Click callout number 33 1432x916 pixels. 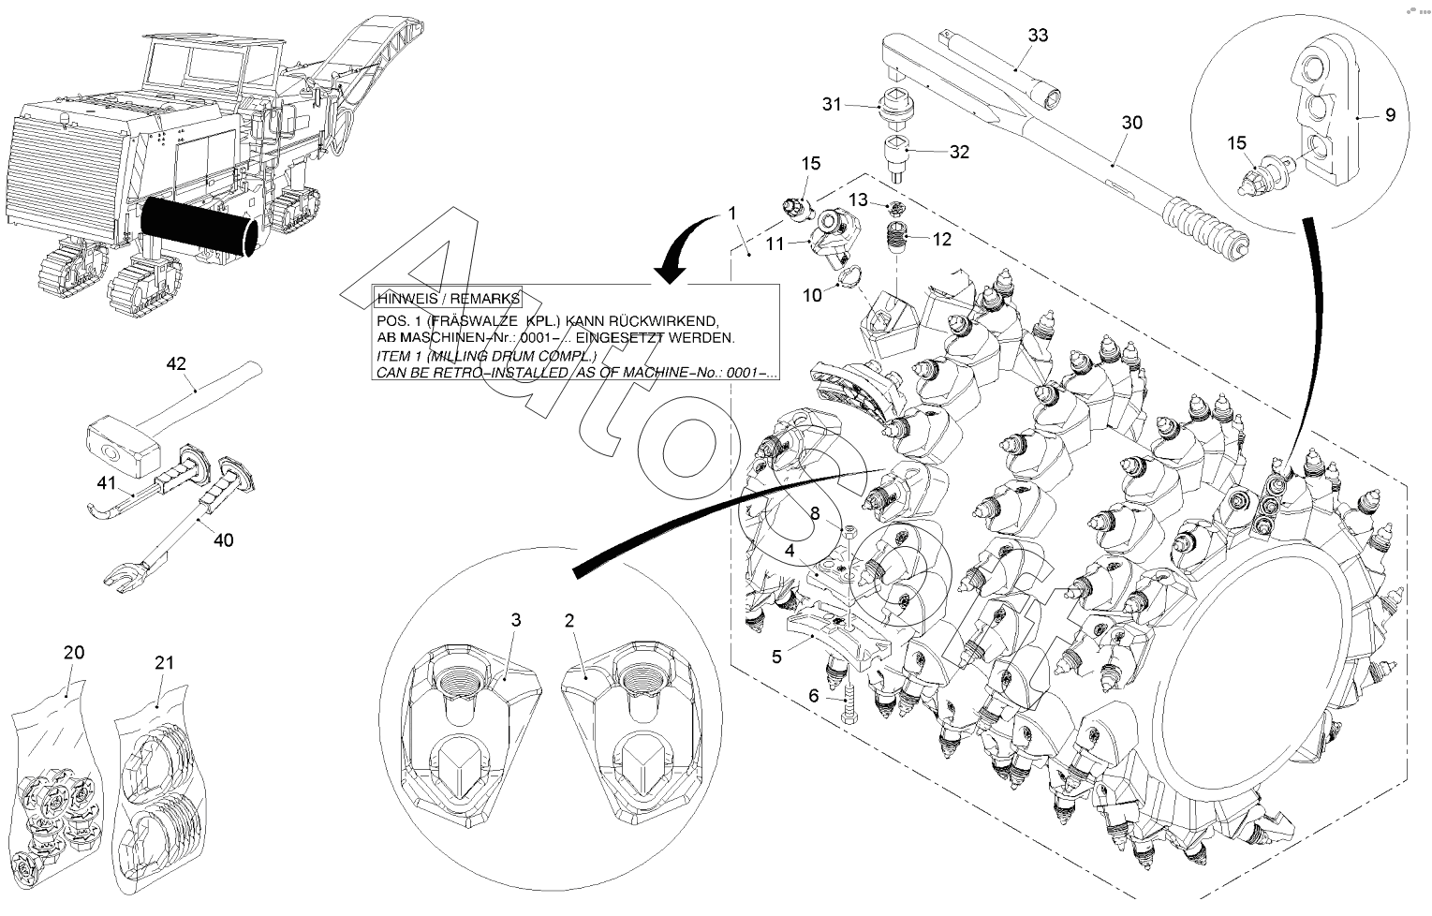pyautogui.click(x=1038, y=36)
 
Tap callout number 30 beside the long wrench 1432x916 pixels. pyautogui.click(x=1131, y=123)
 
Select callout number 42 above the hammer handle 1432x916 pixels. pyautogui.click(x=177, y=362)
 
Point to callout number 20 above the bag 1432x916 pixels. pyautogui.click(x=74, y=653)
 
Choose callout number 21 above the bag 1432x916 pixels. pyautogui.click(x=164, y=662)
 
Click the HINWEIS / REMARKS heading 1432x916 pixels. pyautogui.click(x=448, y=299)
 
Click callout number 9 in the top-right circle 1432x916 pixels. pyautogui.click(x=1390, y=115)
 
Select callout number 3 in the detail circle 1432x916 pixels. pyautogui.click(x=515, y=620)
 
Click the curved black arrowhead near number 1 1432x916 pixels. pyautogui.click(x=671, y=270)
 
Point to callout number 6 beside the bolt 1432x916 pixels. pyautogui.click(x=813, y=696)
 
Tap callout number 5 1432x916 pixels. pyautogui.click(x=776, y=657)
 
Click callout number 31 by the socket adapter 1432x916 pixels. pyautogui.click(x=833, y=104)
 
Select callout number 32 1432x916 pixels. pyautogui.click(x=959, y=152)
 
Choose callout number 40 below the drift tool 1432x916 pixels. pyautogui.click(x=224, y=540)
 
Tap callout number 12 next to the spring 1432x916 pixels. pyautogui.click(x=942, y=240)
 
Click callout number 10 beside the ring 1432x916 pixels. pyautogui.click(x=811, y=295)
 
